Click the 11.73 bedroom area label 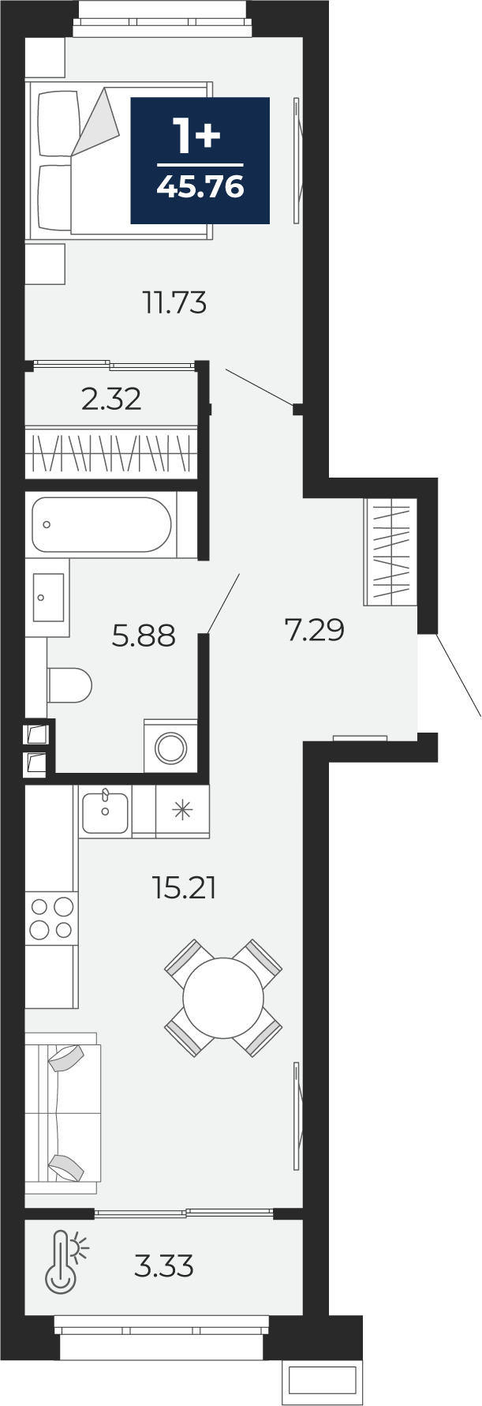(174, 302)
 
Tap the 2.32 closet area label (111, 399)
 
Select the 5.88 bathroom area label (143, 635)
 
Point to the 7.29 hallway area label (314, 630)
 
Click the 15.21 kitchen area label (184, 888)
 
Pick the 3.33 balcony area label (164, 1266)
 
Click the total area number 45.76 (200, 187)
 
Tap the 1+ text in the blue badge (197, 136)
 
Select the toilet (70, 684)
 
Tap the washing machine (170, 745)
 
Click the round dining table (223, 998)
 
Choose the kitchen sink (105, 812)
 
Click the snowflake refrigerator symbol (182, 810)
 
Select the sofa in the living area (62, 1113)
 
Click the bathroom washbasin (48, 598)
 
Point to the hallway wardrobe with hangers (390, 553)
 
